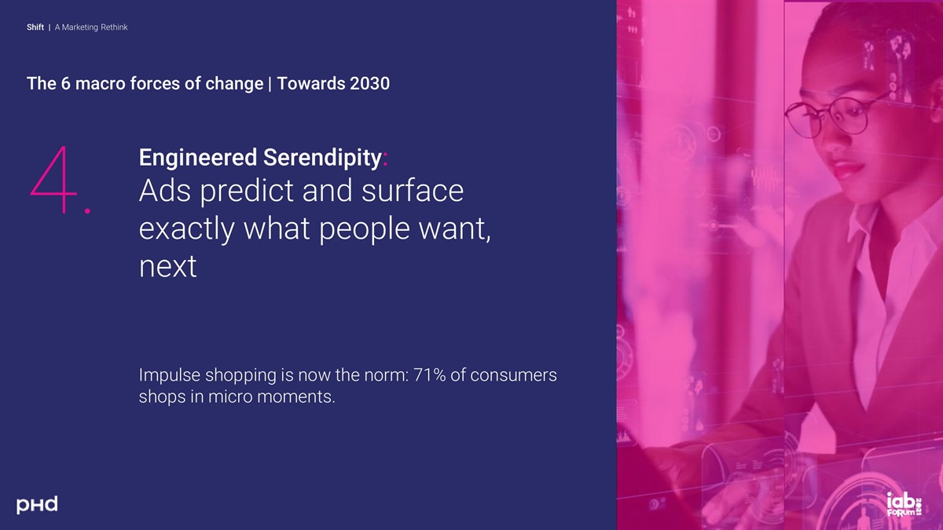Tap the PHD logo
click(x=37, y=504)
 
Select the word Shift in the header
click(x=35, y=27)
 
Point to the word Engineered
click(x=198, y=157)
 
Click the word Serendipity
click(x=322, y=158)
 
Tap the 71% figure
click(x=429, y=375)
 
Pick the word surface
click(x=413, y=190)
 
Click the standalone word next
click(x=167, y=266)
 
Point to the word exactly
click(x=186, y=228)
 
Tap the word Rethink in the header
click(x=114, y=27)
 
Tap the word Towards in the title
click(x=311, y=83)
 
